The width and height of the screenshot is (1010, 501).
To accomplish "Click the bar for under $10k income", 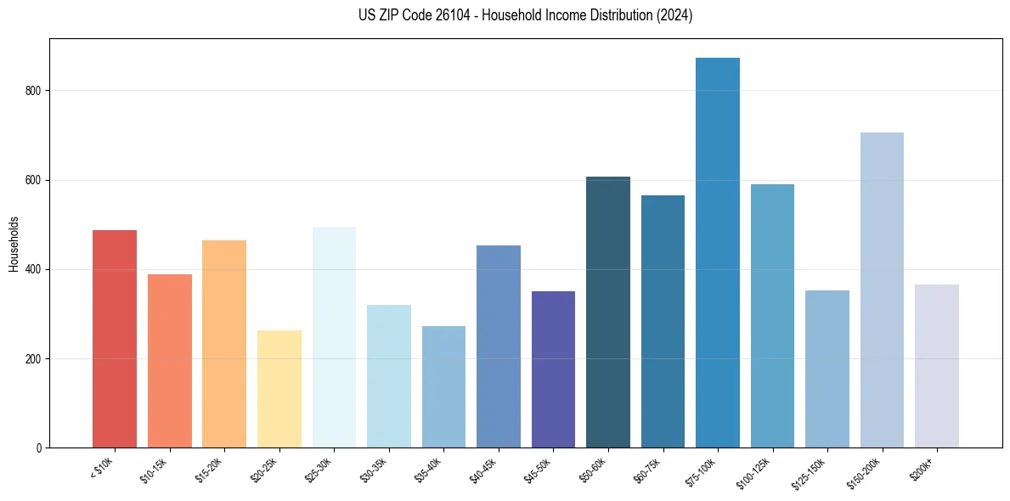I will point(115,339).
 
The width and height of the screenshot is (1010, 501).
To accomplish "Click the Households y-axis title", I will point(14,243).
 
